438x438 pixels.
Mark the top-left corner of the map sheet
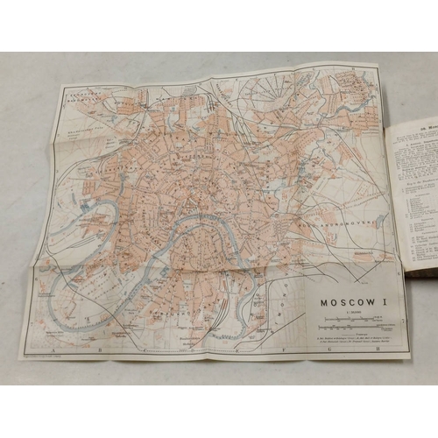click(x=60, y=85)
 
